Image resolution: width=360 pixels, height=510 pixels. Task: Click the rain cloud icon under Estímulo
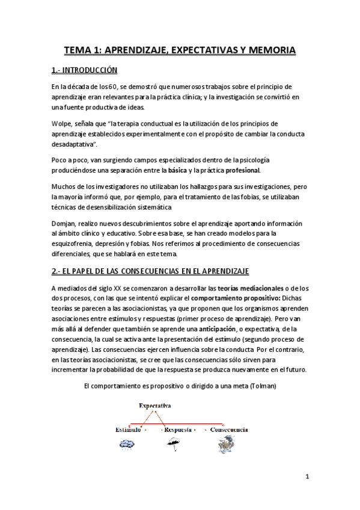coord(127,444)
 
